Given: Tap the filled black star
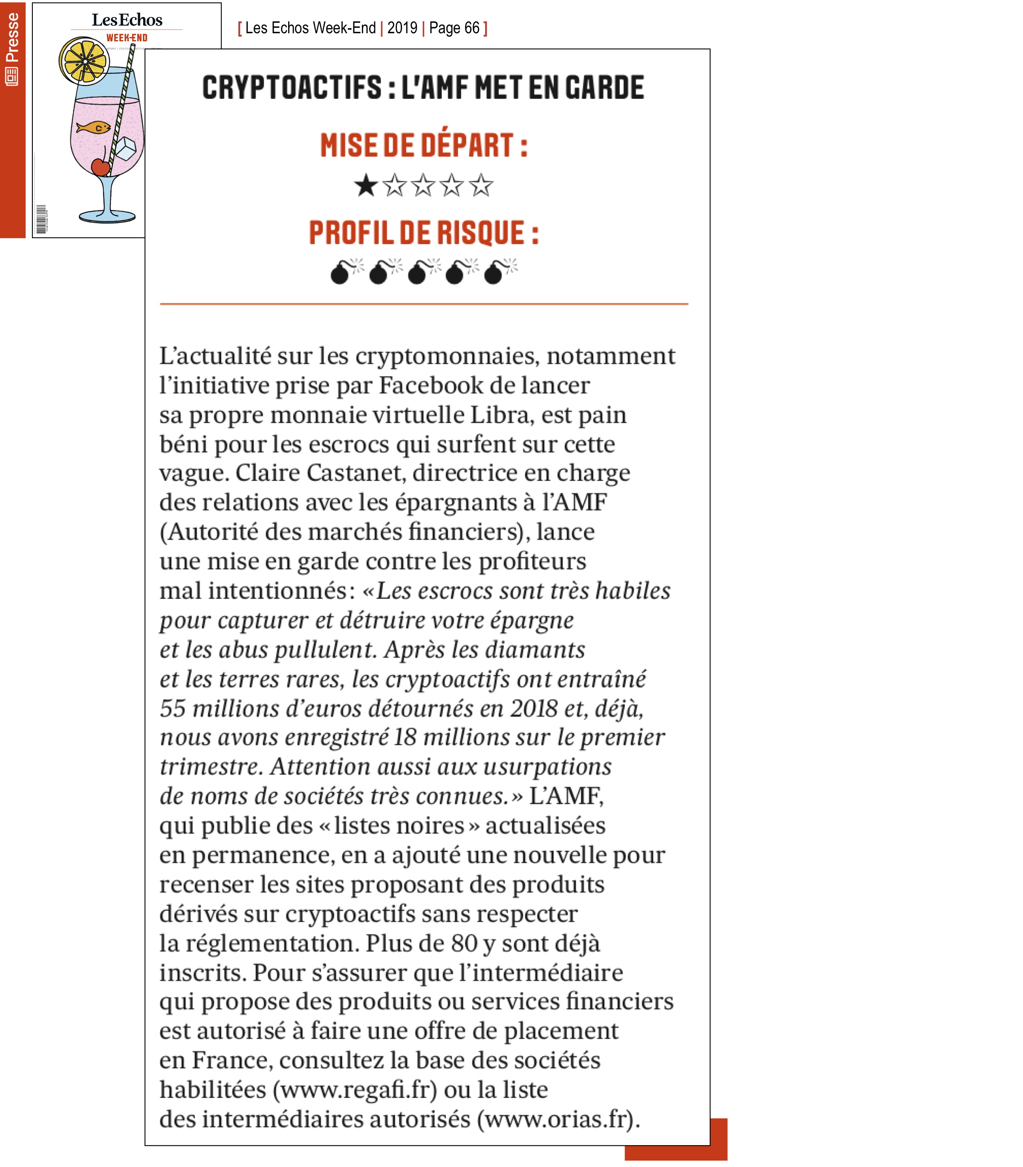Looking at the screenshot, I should pyautogui.click(x=365, y=185).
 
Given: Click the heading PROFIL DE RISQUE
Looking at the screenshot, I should pyautogui.click(x=424, y=233).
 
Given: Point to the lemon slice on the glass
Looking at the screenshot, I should pyautogui.click(x=84, y=60).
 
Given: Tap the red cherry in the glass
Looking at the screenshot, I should pyautogui.click(x=101, y=166).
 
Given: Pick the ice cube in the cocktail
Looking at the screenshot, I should pyautogui.click(x=126, y=149).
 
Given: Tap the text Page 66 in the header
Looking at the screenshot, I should pyautogui.click(x=454, y=28).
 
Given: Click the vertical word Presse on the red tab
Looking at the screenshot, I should pyautogui.click(x=12, y=38).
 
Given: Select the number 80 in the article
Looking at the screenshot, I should pyautogui.click(x=464, y=943).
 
